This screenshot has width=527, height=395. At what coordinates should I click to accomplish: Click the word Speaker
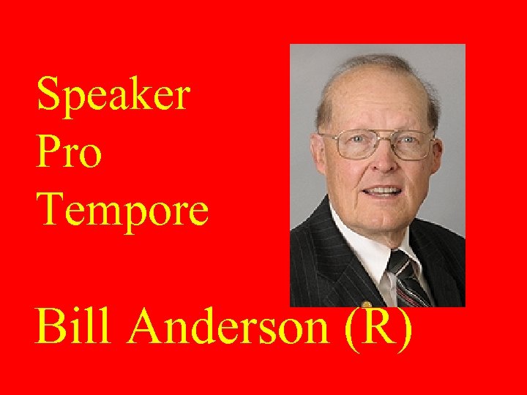click(113, 95)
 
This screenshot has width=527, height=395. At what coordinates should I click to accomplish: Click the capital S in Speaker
click(49, 94)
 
